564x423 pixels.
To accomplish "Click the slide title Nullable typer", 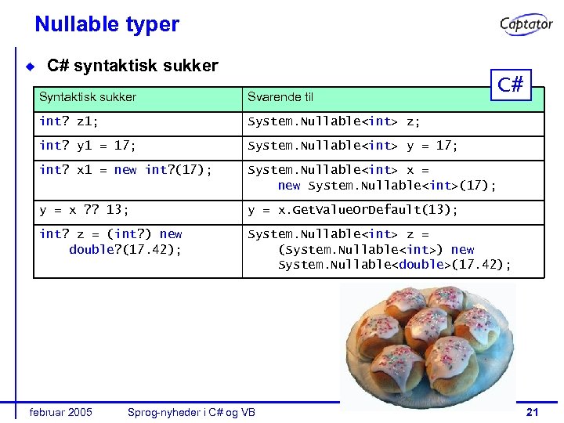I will (107, 24).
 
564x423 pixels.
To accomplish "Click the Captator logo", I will (526, 25).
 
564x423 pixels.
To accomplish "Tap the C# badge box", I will (510, 85).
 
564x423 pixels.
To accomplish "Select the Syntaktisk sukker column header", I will (88, 97).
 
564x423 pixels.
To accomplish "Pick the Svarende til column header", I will (280, 97).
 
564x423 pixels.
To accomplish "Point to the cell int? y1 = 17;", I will (88, 146).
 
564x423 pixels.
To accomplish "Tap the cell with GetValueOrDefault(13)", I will (352, 210).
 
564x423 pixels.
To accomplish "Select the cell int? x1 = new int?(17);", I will (125, 170).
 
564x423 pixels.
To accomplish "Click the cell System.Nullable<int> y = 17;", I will (352, 146).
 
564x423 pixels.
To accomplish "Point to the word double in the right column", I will (422, 265).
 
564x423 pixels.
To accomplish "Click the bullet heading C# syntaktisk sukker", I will (132, 66).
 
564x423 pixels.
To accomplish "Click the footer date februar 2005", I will (60, 412).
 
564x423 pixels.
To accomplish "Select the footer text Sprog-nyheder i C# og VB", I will (191, 412).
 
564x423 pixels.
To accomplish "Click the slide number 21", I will (533, 412).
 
